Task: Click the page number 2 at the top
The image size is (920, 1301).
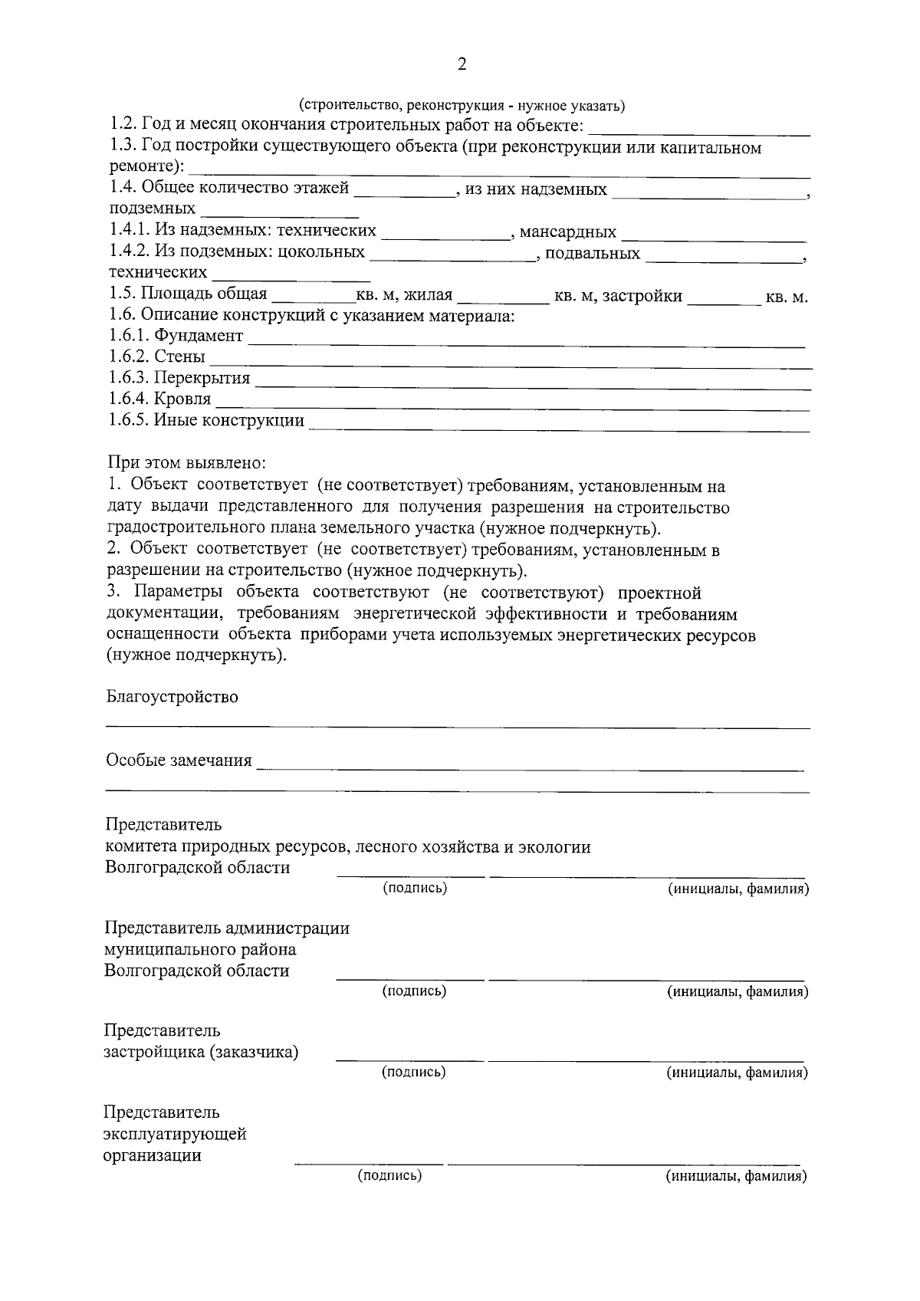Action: click(x=462, y=64)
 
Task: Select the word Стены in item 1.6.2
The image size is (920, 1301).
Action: click(x=179, y=356)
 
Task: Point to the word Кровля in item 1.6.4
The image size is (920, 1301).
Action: click(x=182, y=399)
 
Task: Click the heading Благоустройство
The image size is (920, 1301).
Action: click(x=172, y=697)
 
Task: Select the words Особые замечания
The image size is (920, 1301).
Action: click(x=179, y=761)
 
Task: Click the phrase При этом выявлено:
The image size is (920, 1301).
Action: click(x=186, y=464)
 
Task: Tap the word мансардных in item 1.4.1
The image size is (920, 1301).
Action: click(x=568, y=232)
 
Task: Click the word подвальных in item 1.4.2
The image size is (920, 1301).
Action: click(x=593, y=253)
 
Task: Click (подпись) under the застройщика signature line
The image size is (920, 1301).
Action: click(x=414, y=1072)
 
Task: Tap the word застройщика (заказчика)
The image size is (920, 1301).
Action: click(x=202, y=1052)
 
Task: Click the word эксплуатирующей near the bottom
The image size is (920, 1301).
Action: click(x=176, y=1134)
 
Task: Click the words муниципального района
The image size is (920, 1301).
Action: click(x=200, y=949)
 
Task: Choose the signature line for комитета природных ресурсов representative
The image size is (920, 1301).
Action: click(x=411, y=873)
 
